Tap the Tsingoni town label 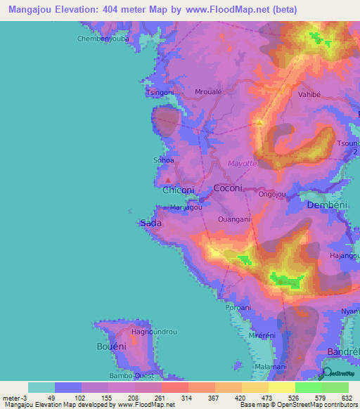159,92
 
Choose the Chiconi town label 179,190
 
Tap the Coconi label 228,188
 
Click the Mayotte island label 243,164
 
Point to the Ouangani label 235,219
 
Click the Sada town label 150,223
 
